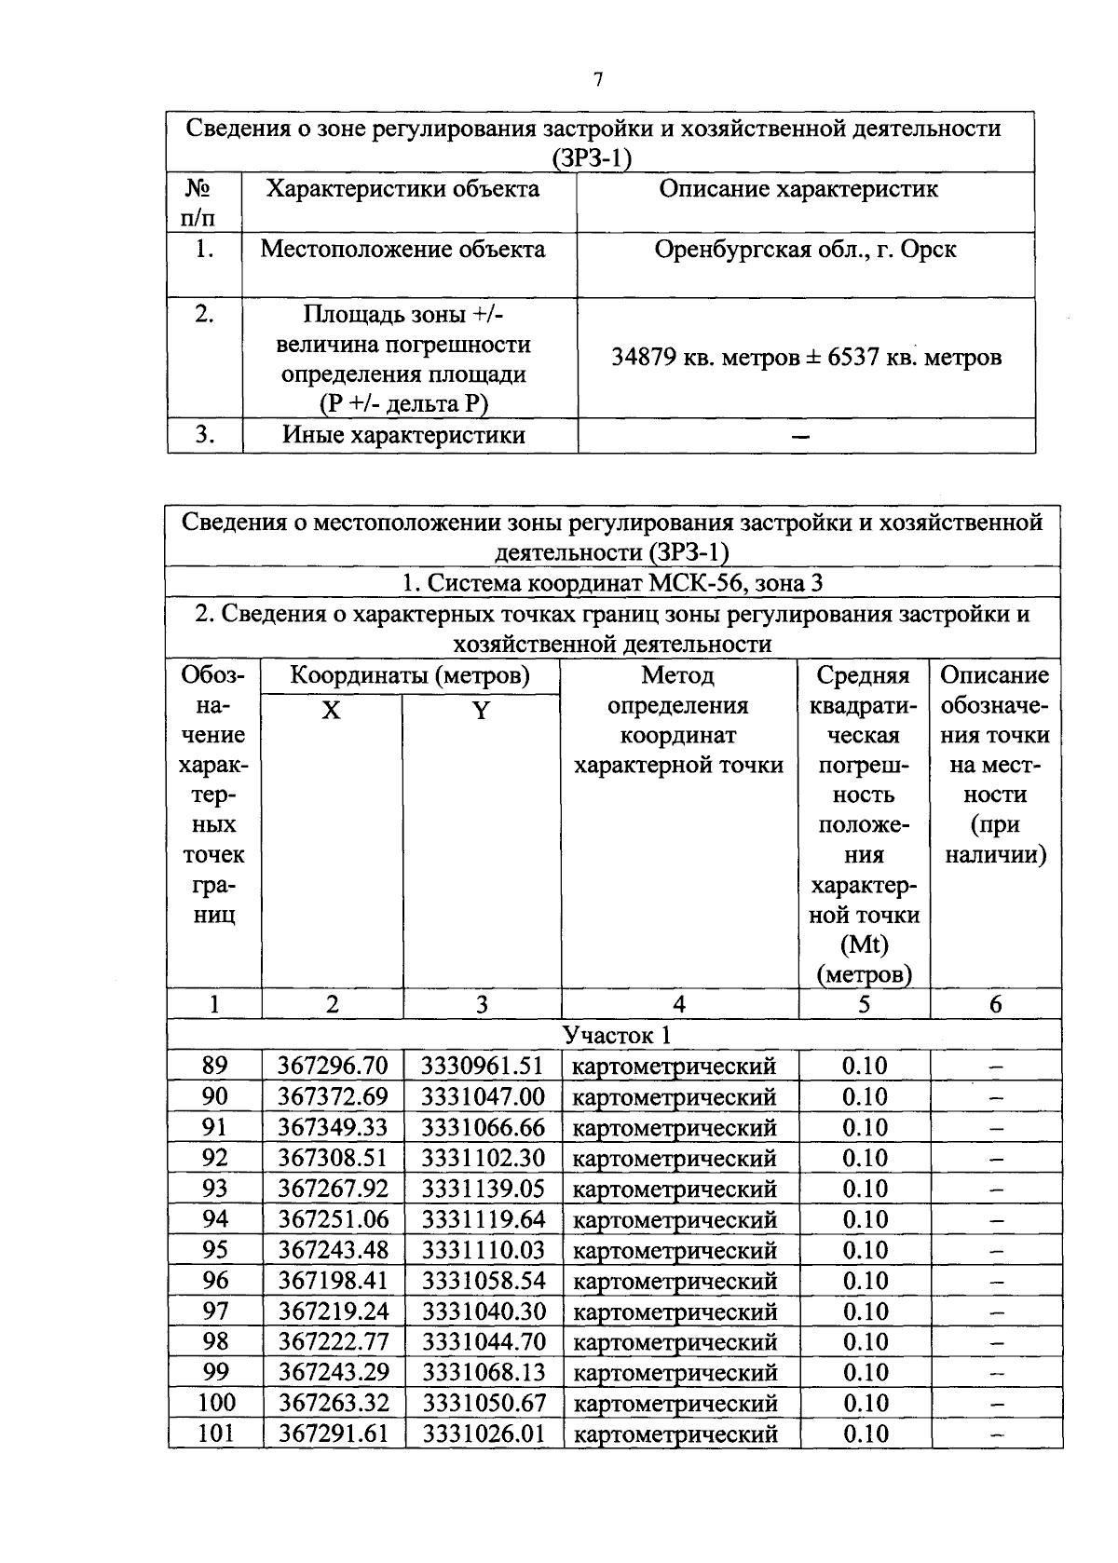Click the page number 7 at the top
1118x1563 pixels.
tap(598, 80)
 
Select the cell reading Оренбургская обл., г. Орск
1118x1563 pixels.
tap(805, 251)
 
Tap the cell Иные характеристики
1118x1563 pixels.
tap(403, 435)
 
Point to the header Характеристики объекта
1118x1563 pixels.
tap(402, 189)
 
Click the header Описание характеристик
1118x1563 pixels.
tap(798, 189)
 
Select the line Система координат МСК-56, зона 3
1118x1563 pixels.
tap(612, 583)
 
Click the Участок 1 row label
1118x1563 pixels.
tap(616, 1035)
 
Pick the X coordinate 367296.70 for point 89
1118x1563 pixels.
tap(333, 1066)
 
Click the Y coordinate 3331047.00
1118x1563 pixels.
tap(483, 1096)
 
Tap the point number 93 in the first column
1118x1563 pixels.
tap(214, 1189)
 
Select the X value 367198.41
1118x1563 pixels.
tap(333, 1281)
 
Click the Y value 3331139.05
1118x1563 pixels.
tap(483, 1189)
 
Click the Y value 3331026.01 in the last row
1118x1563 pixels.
tap(483, 1434)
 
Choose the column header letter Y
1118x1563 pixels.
tap(481, 712)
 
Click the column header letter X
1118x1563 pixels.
tap(331, 712)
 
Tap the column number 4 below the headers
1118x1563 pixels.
tap(679, 1004)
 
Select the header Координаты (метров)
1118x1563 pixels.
tap(410, 675)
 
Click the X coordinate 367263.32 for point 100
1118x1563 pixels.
tap(333, 1403)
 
